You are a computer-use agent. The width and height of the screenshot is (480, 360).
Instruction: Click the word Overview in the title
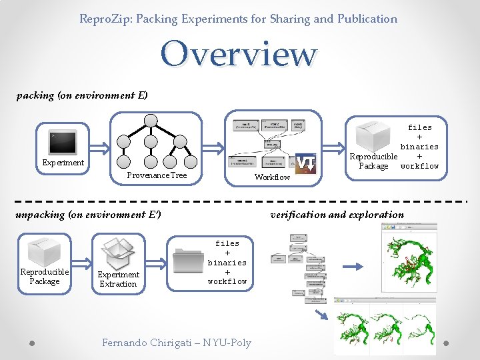[238, 54]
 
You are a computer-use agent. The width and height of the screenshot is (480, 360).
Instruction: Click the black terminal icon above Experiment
[63, 141]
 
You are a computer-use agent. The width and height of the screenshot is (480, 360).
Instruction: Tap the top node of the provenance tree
[151, 121]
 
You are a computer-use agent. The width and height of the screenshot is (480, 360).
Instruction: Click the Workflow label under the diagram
[273, 177]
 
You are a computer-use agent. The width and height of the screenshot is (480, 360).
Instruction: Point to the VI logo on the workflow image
[305, 162]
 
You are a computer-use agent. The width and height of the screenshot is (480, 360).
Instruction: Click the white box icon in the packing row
[372, 136]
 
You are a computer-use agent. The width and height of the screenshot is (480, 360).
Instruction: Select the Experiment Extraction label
[119, 279]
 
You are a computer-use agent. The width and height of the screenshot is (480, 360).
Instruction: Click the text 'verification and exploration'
[337, 215]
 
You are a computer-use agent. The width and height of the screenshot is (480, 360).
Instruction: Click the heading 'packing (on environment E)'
[82, 95]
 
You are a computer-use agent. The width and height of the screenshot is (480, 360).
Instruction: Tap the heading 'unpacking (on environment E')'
[88, 215]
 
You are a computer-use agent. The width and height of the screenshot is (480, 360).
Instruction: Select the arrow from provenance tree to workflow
[215, 147]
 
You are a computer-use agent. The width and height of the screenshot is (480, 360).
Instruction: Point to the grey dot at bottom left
[32, 343]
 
